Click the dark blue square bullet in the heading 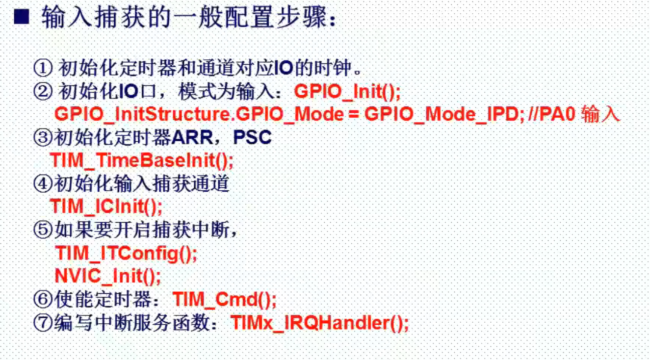click(x=22, y=16)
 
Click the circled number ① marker click(x=43, y=68)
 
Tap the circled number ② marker click(x=43, y=91)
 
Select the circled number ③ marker click(x=43, y=137)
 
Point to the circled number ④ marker click(x=43, y=183)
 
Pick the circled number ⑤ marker click(x=43, y=230)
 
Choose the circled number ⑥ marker click(x=43, y=299)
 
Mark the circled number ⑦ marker click(x=43, y=322)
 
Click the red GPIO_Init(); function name click(x=347, y=92)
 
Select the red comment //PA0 click(x=551, y=114)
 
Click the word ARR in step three click(x=192, y=137)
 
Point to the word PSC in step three click(x=253, y=137)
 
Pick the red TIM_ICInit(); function click(x=106, y=207)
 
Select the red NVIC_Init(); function click(x=107, y=276)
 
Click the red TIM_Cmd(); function click(x=225, y=300)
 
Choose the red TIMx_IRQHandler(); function click(x=320, y=323)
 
